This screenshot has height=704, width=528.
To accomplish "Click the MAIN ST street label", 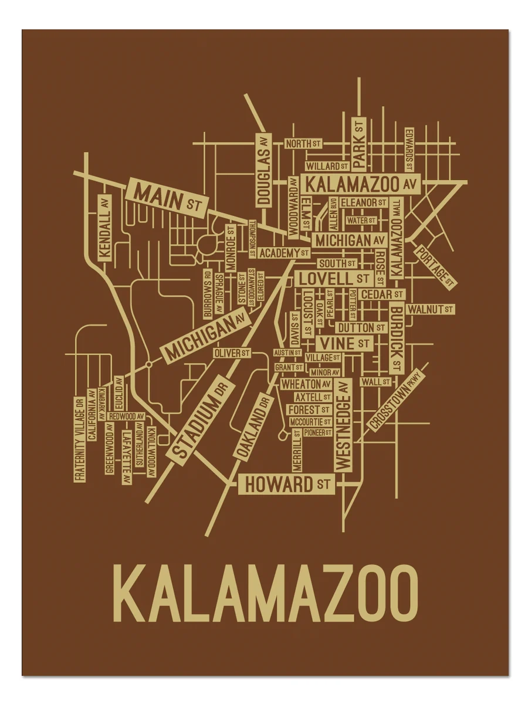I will [x=166, y=198].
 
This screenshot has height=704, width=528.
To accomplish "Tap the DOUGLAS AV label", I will [x=263, y=170].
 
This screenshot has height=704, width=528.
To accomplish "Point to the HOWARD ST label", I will [x=286, y=485].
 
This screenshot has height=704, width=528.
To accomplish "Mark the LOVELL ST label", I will [x=333, y=277].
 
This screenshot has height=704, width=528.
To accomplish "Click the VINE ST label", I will [x=344, y=343].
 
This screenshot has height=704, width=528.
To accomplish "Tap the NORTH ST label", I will [x=303, y=144].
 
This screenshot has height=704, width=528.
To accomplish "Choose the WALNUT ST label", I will [x=431, y=309].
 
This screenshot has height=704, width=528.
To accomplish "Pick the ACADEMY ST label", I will [x=283, y=253].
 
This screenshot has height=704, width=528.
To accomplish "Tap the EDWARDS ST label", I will [x=409, y=150].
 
